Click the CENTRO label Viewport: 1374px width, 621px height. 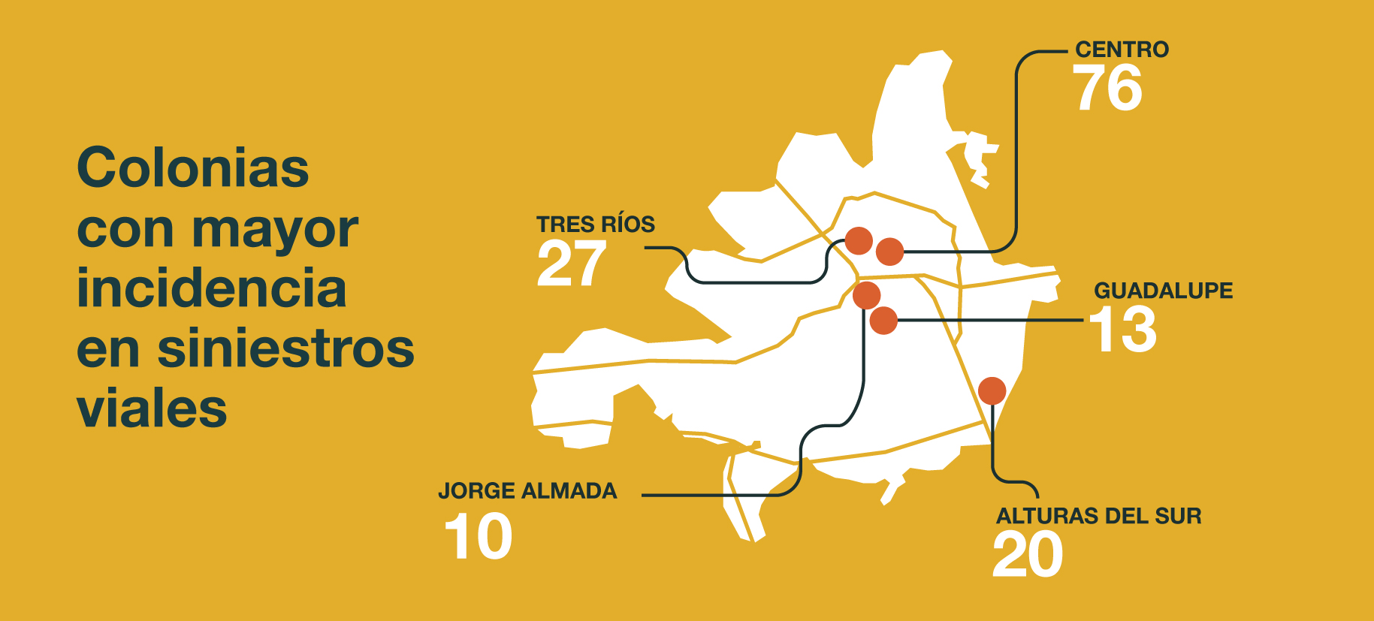click(x=1122, y=50)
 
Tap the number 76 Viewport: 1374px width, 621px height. click(x=1107, y=89)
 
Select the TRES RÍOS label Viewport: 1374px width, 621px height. click(x=595, y=225)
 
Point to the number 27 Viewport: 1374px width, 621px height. click(x=571, y=264)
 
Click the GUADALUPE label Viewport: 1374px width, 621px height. click(x=1163, y=291)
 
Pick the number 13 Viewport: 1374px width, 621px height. click(x=1123, y=330)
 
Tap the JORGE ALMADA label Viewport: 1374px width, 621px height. click(x=527, y=491)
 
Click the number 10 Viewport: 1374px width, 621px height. click(x=479, y=537)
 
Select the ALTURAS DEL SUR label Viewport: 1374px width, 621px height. click(x=1098, y=517)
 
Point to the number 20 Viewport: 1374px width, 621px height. click(x=1028, y=555)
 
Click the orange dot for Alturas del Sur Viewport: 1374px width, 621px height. click(x=992, y=390)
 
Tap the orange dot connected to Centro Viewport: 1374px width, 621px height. click(x=890, y=252)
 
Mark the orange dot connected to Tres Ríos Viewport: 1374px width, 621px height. click(x=859, y=241)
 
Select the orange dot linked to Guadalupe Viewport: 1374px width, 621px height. click(x=884, y=321)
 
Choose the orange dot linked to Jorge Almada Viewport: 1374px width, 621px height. click(x=866, y=295)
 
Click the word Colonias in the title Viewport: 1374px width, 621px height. click(x=193, y=168)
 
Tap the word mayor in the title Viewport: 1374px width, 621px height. click(x=275, y=230)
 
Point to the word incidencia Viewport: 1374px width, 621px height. click(x=211, y=289)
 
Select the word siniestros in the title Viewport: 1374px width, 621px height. click(x=285, y=349)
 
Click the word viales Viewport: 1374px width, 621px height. click(x=152, y=409)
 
